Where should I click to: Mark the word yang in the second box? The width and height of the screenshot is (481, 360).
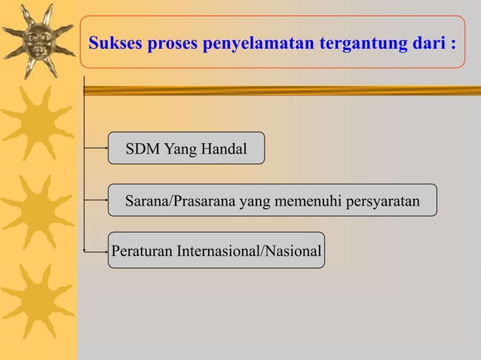pyautogui.click(x=253, y=201)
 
